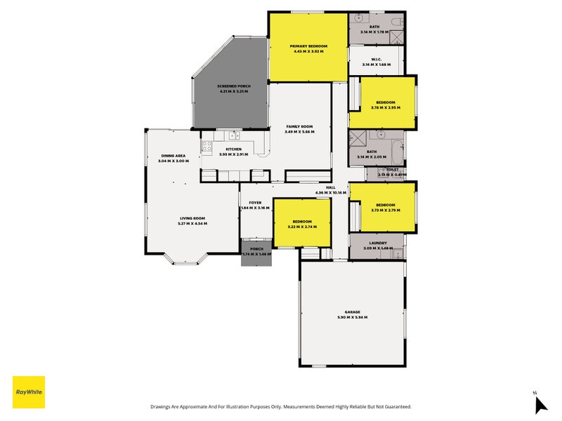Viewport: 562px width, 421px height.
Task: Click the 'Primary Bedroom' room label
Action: (308, 46)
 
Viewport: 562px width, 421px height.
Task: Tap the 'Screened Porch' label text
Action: (233, 86)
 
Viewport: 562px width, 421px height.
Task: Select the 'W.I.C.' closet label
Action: (377, 59)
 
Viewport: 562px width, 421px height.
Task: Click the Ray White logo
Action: (29, 392)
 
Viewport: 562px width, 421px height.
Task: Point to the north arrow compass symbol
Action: (540, 404)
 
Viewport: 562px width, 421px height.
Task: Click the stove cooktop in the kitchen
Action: (207, 147)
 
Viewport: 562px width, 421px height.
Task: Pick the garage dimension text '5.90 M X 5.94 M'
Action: (352, 318)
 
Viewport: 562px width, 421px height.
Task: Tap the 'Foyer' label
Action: (255, 202)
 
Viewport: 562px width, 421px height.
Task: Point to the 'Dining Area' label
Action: (174, 156)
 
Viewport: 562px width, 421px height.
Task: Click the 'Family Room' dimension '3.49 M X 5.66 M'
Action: (299, 132)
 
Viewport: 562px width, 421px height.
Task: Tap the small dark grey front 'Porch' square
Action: (256, 255)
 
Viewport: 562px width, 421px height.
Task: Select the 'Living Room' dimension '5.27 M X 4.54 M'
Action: (192, 223)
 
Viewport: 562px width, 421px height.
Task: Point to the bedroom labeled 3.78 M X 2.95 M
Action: (385, 104)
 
